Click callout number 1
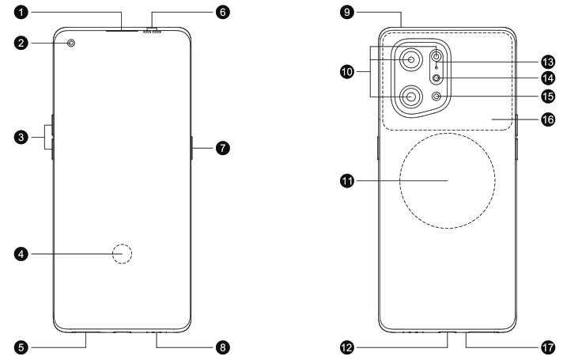click(x=25, y=13)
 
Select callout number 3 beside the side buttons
click(x=25, y=138)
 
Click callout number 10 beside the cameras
click(x=346, y=70)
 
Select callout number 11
click(x=346, y=181)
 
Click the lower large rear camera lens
click(x=411, y=97)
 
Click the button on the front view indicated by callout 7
click(x=192, y=148)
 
